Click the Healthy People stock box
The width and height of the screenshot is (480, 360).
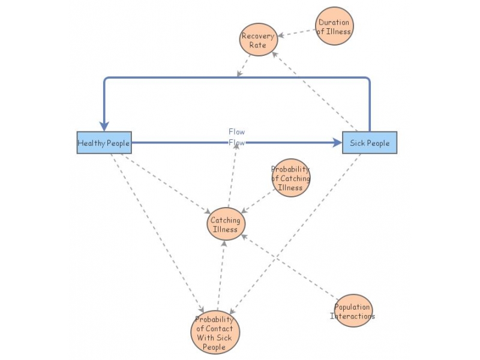coord(103,143)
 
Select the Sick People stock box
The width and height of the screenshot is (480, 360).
coord(369,143)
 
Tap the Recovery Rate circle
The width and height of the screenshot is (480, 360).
coord(257,40)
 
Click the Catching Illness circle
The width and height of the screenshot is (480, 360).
coord(226,224)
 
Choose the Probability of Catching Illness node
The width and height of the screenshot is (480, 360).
coord(291,178)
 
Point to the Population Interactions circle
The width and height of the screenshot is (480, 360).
coord(353,311)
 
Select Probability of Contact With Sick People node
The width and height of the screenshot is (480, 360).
coord(215,332)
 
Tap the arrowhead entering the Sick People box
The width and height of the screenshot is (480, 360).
coord(337,143)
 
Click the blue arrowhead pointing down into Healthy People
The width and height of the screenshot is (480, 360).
coord(104,125)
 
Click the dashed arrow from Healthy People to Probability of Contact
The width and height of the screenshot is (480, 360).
coord(155,231)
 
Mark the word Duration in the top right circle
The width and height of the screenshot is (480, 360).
coord(334,23)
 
